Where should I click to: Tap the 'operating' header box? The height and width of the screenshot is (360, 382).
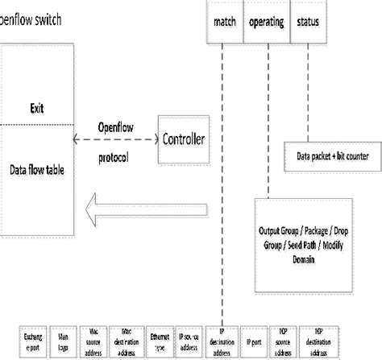pyautogui.click(x=266, y=24)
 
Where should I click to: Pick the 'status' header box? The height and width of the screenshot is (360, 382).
pyautogui.click(x=308, y=24)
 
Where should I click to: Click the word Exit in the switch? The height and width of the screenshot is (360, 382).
pyautogui.click(x=37, y=108)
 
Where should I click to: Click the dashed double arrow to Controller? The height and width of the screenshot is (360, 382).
pyautogui.click(x=115, y=139)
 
